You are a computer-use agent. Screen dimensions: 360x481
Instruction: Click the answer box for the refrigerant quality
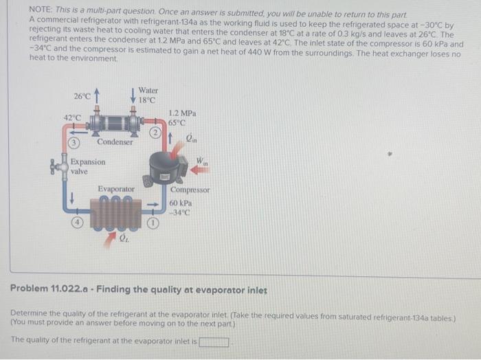click(x=214, y=341)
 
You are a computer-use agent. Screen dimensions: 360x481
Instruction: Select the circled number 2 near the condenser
click(x=156, y=132)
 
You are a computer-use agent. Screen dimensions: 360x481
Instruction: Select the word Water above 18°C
click(x=148, y=90)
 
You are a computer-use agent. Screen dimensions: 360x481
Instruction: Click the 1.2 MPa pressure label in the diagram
click(x=182, y=113)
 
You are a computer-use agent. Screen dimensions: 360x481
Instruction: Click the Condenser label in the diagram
click(x=114, y=142)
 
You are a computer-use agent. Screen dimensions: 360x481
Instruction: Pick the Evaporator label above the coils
click(x=116, y=188)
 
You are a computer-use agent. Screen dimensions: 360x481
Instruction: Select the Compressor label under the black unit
click(x=190, y=190)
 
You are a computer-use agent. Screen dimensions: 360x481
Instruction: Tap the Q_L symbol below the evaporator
click(x=124, y=239)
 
